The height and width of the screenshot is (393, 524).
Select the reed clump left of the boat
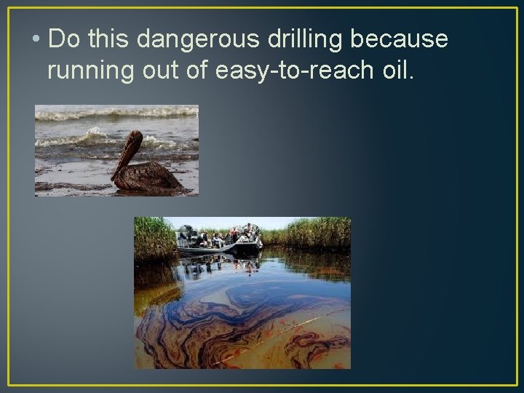point(154,237)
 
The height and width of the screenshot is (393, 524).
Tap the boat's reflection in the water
point(218,266)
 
